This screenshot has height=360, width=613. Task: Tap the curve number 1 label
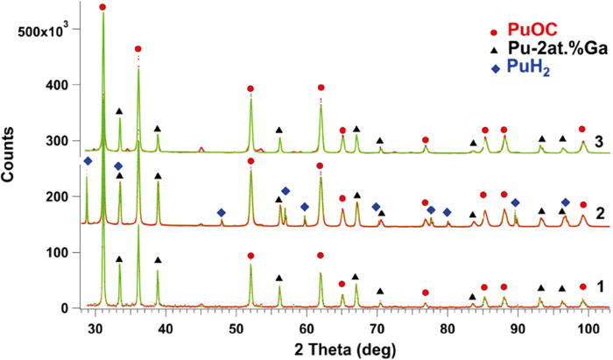point(598,286)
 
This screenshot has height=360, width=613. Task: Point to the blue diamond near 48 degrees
point(221,213)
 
